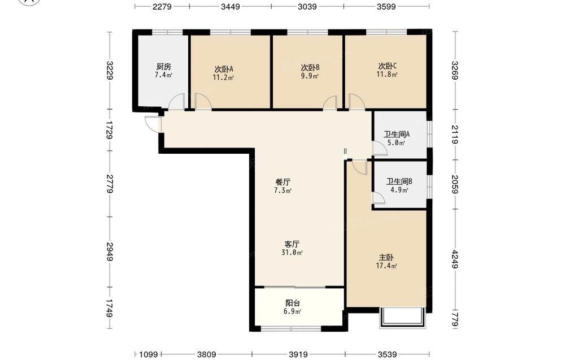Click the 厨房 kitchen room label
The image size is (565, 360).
(x=164, y=67)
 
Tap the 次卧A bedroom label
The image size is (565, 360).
(x=224, y=69)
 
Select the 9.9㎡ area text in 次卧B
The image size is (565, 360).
(x=310, y=76)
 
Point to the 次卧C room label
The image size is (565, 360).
(x=388, y=66)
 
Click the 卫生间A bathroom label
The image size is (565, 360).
(x=397, y=135)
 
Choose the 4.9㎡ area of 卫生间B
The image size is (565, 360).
(x=399, y=190)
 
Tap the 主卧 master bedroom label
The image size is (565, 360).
(x=386, y=258)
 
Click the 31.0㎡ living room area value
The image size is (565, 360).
(x=292, y=253)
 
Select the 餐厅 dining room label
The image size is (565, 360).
(x=283, y=182)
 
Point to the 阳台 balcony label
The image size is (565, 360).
(x=293, y=303)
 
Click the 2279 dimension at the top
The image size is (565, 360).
(x=162, y=6)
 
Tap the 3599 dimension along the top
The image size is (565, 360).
(x=386, y=6)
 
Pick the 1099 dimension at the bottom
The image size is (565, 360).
(x=149, y=354)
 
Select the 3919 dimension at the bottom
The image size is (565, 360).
(x=298, y=354)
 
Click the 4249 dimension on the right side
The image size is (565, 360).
(x=455, y=259)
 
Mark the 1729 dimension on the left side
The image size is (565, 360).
(x=110, y=130)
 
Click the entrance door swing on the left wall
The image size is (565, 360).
(x=151, y=124)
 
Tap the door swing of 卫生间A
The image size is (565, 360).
(x=380, y=149)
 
